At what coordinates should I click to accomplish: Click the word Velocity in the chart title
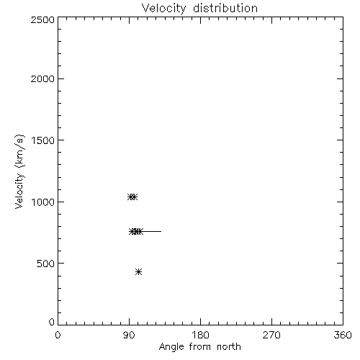(x=163, y=9)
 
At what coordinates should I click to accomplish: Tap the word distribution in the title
(x=225, y=8)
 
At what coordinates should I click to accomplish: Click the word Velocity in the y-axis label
(x=19, y=191)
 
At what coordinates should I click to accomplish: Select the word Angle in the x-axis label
(x=171, y=347)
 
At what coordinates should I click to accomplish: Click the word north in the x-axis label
(x=229, y=346)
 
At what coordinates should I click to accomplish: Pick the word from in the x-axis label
(x=200, y=346)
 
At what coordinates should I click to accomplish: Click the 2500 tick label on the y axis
(x=42, y=19)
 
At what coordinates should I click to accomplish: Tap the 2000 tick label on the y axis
(x=42, y=78)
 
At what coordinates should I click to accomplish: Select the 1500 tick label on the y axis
(x=43, y=140)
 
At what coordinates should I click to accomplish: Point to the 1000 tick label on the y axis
(x=43, y=202)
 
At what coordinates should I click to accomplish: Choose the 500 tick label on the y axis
(x=46, y=264)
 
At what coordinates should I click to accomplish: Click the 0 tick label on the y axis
(x=52, y=322)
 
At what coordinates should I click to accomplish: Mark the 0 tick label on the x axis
(x=58, y=335)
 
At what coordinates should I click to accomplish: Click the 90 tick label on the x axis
(x=129, y=335)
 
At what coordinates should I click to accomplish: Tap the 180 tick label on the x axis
(x=200, y=335)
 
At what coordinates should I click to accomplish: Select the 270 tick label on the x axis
(x=271, y=335)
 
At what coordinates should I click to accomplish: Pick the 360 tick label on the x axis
(x=343, y=335)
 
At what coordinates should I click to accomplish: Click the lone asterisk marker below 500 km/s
(x=138, y=271)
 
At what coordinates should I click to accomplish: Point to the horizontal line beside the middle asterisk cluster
(x=152, y=231)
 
